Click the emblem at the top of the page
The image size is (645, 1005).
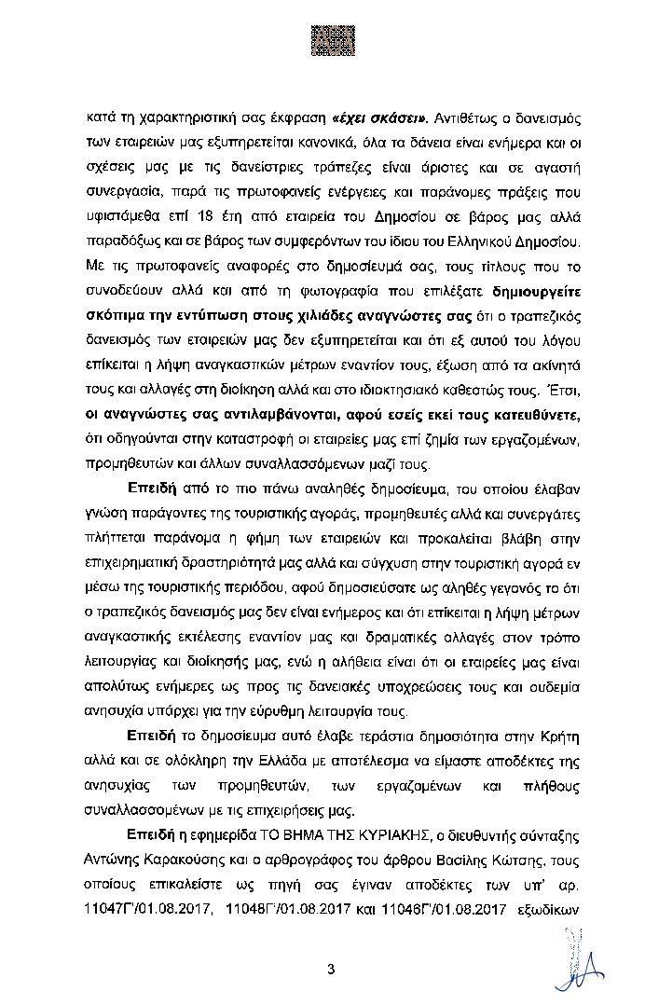(x=322, y=34)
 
